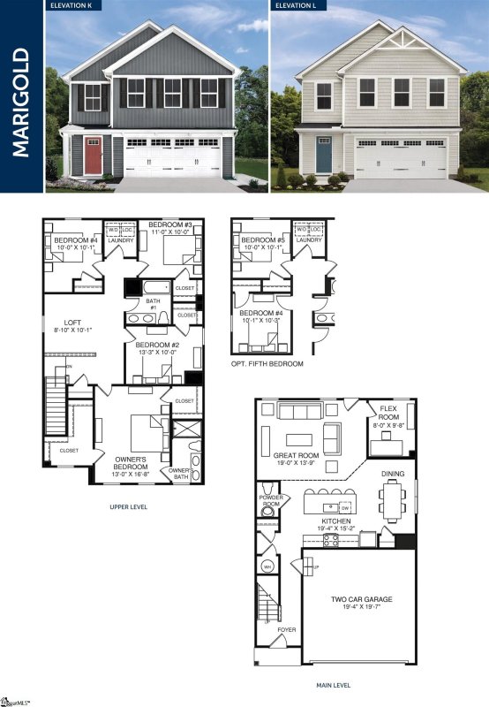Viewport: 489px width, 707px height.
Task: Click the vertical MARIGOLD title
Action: tap(22, 96)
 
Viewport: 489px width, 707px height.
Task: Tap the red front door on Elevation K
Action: tap(93, 156)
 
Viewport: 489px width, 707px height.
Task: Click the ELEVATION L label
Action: tap(297, 5)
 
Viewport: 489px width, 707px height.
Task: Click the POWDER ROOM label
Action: tap(270, 500)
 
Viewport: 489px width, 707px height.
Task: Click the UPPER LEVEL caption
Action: tap(128, 507)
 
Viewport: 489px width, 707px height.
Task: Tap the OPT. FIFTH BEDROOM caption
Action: tap(266, 364)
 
